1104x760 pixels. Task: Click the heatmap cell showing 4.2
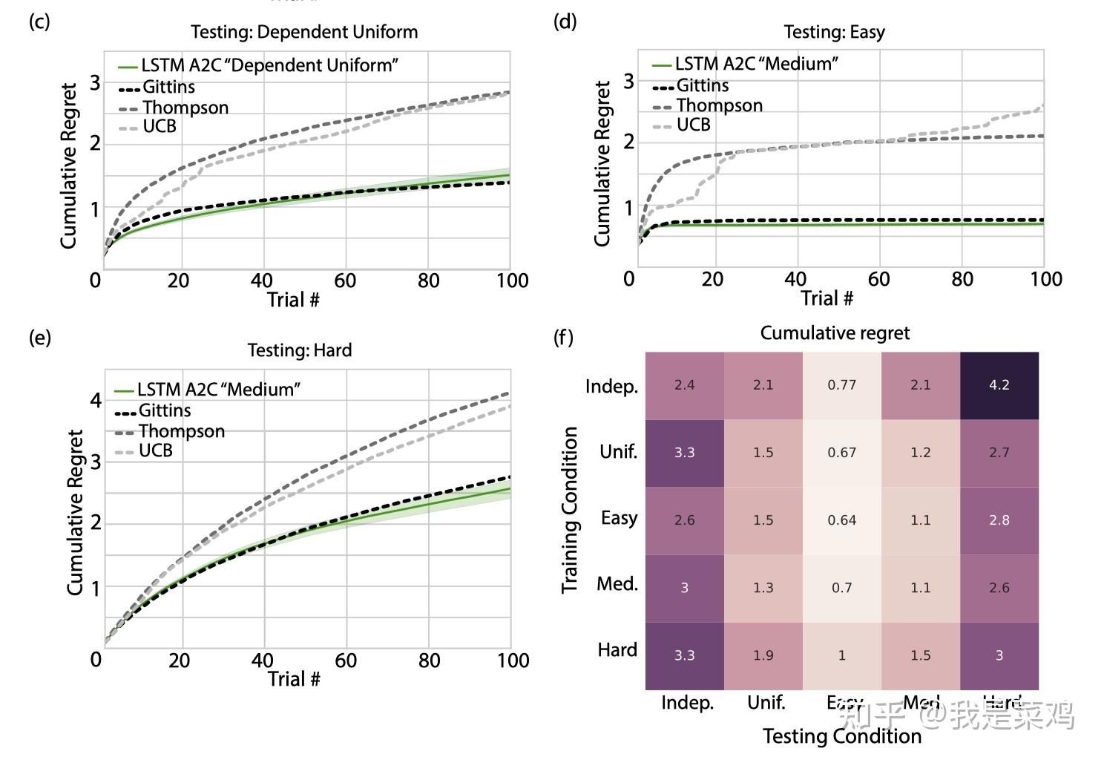coord(999,385)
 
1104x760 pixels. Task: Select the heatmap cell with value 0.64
coord(841,520)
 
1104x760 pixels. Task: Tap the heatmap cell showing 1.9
coord(763,655)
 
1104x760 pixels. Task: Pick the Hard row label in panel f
coord(617,650)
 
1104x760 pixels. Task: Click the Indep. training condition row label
coord(611,387)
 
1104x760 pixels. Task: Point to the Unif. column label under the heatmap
coord(766,702)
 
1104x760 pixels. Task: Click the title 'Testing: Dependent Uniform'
coord(304,32)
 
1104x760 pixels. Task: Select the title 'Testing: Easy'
coord(834,32)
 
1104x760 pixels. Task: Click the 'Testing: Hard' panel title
coord(300,350)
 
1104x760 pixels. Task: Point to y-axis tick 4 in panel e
coord(96,401)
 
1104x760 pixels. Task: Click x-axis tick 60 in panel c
coord(345,281)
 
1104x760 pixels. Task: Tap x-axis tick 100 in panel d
coord(1046,279)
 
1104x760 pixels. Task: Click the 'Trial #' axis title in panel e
coord(294,679)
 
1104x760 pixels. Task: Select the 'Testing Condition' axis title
coord(842,736)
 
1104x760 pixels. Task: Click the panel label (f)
coord(564,338)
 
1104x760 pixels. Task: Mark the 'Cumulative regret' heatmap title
coord(835,333)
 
